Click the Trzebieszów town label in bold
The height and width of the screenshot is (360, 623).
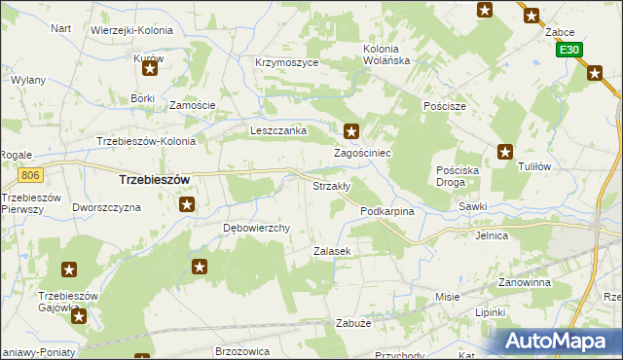154,180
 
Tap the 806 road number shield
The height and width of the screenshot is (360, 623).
30,175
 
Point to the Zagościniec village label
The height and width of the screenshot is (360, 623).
363,154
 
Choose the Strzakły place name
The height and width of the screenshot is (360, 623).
331,185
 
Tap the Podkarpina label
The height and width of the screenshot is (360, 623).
387,211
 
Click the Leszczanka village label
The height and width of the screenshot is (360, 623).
278,130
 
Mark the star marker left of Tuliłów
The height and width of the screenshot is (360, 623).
505,151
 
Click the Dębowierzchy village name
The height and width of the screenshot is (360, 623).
258,229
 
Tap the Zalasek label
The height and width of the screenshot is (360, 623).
331,251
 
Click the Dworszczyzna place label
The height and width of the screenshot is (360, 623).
107,207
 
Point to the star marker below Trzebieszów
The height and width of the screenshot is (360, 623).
187,204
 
